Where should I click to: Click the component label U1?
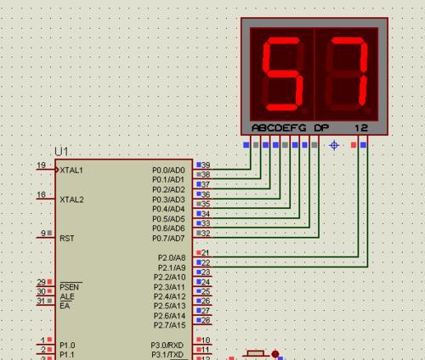click(61, 152)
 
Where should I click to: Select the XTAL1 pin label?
click(71, 170)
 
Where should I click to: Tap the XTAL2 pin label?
click(71, 200)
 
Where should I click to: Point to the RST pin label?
click(67, 239)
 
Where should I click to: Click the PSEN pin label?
click(70, 287)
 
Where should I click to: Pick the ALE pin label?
click(67, 296)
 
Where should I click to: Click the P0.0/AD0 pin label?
click(168, 170)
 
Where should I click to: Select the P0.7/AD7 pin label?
click(168, 239)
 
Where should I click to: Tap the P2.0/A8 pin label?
click(172, 258)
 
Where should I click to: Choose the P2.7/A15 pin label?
click(169, 325)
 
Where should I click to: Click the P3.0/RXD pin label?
click(167, 346)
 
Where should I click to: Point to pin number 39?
click(206, 165)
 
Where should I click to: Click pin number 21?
click(206, 252)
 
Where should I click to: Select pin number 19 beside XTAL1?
click(42, 165)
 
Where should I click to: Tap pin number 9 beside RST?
click(43, 233)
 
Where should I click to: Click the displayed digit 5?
click(282, 74)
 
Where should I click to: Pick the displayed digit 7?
click(348, 71)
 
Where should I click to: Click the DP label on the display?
click(321, 128)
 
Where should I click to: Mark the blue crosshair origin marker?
click(334, 145)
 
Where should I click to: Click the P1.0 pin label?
click(67, 346)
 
